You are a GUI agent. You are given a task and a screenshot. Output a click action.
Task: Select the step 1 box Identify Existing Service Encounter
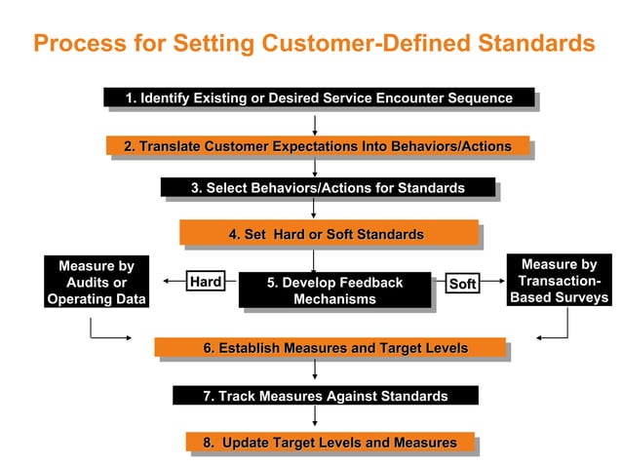319,97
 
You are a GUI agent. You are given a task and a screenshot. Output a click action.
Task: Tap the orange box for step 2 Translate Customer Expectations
317,146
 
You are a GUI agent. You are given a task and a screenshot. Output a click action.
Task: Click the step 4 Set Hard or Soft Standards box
328,234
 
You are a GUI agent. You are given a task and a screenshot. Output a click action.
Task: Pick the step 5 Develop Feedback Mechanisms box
334,291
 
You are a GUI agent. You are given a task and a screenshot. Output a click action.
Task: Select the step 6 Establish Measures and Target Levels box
330,348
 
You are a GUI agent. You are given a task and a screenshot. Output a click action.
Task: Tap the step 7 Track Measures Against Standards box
325,396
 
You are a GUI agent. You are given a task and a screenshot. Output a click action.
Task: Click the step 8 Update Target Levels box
330,443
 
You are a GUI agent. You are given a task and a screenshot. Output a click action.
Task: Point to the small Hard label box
206,282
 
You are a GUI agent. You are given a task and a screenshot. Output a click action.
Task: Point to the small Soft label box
462,284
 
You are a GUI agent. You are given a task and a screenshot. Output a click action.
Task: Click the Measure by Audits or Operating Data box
96,283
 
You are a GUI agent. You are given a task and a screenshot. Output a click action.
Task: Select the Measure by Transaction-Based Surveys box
559,281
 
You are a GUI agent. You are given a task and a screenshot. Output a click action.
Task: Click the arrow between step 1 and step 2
314,123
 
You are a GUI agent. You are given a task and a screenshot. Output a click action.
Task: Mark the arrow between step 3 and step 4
313,208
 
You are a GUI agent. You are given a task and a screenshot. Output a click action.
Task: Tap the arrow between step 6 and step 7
314,370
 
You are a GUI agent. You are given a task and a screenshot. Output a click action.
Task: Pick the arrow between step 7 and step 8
314,417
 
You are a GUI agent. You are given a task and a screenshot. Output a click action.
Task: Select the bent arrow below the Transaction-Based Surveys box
554,331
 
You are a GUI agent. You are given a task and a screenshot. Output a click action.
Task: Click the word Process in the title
77,43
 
